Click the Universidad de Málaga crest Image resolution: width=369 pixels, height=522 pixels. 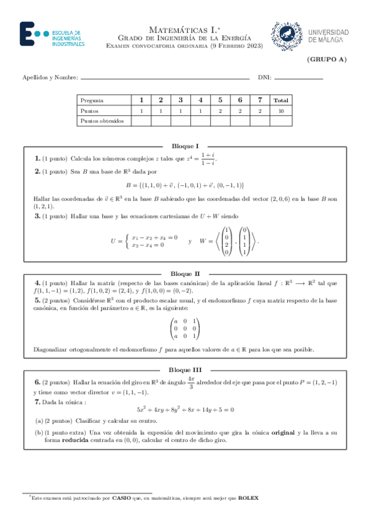click(287, 35)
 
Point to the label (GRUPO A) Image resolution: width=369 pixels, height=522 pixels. click(326, 60)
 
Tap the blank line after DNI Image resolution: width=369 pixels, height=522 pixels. click(298, 78)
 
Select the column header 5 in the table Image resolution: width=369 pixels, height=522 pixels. click(220, 100)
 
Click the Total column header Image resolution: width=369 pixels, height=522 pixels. click(281, 100)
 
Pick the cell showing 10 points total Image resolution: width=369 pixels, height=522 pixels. click(281, 110)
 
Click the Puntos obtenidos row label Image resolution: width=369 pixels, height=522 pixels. click(102, 121)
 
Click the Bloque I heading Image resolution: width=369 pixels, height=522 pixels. click(184, 147)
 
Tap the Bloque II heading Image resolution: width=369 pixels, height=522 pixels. click(184, 273)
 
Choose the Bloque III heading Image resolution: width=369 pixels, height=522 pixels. click(184, 370)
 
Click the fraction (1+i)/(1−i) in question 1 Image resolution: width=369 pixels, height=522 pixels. click(208, 159)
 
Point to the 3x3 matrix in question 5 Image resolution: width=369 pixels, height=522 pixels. click(184, 329)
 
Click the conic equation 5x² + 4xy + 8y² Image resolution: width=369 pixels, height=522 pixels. click(185, 409)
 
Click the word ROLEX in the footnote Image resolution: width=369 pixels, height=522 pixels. click(248, 497)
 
